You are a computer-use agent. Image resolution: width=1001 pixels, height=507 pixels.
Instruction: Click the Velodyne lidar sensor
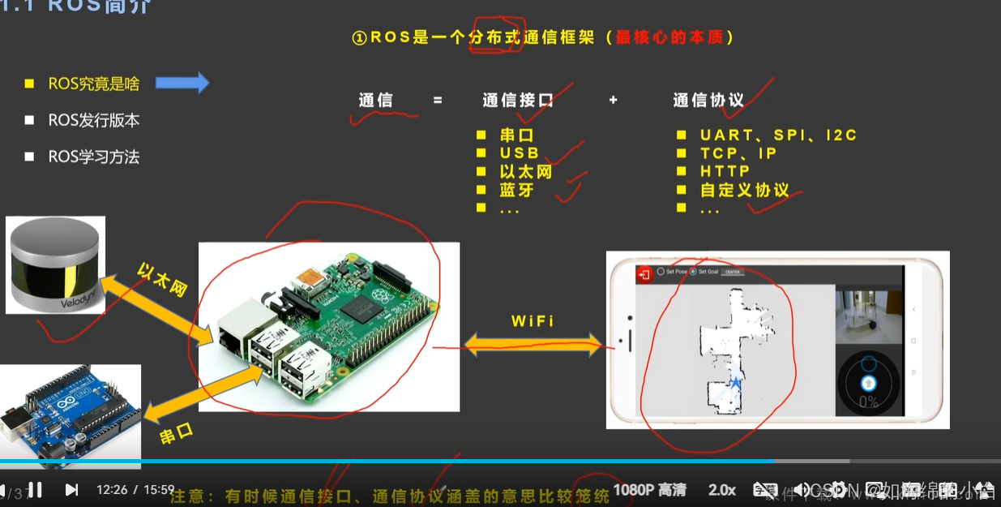click(x=55, y=264)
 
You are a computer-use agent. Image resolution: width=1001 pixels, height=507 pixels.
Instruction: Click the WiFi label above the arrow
click(x=533, y=321)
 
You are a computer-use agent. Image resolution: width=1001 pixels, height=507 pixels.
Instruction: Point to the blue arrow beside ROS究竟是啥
click(x=182, y=83)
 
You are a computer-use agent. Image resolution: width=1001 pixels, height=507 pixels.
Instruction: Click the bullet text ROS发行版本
click(x=93, y=120)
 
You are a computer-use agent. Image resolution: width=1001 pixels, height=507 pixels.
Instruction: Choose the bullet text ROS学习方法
click(x=93, y=157)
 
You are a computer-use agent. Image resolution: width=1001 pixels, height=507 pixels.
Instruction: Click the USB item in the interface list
click(x=519, y=153)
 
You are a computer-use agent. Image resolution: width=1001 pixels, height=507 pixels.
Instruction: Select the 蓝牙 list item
click(x=516, y=191)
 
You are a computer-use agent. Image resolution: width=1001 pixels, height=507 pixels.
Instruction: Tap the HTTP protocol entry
click(x=725, y=172)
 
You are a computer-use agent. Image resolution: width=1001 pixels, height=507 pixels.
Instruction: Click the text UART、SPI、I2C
click(x=778, y=135)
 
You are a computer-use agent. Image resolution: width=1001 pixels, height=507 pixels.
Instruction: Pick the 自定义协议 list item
click(x=744, y=191)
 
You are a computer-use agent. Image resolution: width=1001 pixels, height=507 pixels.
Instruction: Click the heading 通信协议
click(x=708, y=101)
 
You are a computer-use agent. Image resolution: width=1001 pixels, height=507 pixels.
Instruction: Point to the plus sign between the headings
click(x=613, y=100)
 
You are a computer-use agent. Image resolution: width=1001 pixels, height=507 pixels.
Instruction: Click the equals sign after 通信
click(x=438, y=101)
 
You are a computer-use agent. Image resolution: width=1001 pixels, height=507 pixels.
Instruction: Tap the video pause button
click(x=35, y=489)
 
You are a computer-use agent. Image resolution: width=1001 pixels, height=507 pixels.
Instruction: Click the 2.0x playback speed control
click(x=721, y=490)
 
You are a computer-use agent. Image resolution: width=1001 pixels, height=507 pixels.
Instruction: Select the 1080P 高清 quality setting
click(x=649, y=490)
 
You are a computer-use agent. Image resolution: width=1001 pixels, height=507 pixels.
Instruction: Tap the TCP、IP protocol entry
click(x=738, y=153)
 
